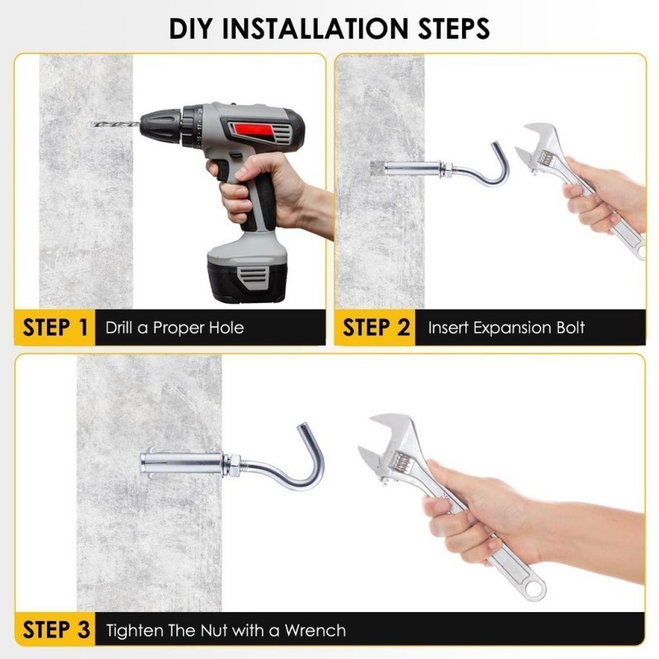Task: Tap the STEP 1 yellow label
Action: point(55,327)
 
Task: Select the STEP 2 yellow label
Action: point(376,327)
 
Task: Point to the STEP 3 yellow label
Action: point(55,629)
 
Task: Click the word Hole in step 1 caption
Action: point(227,328)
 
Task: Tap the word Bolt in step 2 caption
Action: point(570,328)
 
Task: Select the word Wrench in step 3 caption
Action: point(315,630)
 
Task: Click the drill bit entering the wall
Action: point(115,124)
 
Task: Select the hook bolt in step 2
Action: point(442,167)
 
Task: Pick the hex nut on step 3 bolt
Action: point(232,465)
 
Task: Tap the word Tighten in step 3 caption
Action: point(134,630)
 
